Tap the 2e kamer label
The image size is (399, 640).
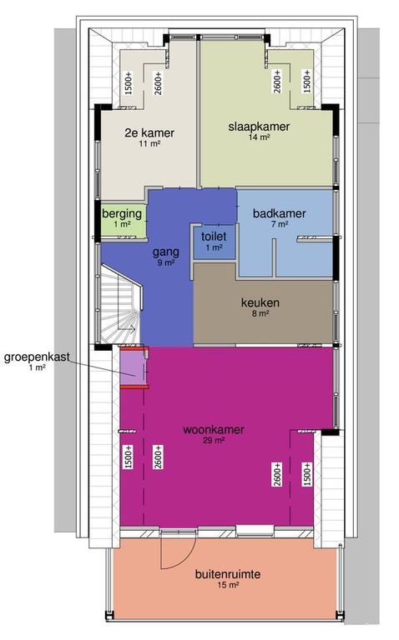(x=150, y=132)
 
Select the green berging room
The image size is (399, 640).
(x=122, y=218)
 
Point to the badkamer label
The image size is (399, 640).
(x=280, y=213)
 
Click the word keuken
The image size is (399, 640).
(x=260, y=302)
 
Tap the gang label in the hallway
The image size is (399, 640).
(x=165, y=251)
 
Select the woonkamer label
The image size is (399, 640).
(x=213, y=430)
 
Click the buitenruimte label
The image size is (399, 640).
(x=228, y=574)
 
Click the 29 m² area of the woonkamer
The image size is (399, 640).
(x=213, y=441)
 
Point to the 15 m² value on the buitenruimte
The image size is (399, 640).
(x=228, y=586)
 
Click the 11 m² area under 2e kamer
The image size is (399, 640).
(x=150, y=143)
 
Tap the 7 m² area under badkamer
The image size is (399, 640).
(x=280, y=225)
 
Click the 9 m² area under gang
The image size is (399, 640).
(x=165, y=262)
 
